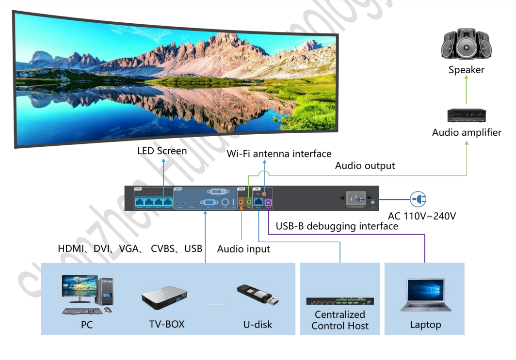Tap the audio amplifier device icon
point(467,115)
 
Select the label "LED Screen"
point(162,151)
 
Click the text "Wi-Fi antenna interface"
point(279,154)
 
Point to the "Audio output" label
point(365,166)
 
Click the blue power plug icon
point(418,199)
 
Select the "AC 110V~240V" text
point(422,216)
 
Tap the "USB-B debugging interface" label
point(337,226)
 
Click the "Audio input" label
point(243,249)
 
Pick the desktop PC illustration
point(88,294)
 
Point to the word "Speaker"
point(466,70)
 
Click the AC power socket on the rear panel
point(355,198)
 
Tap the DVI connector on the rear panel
point(213,192)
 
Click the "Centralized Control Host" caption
point(340,320)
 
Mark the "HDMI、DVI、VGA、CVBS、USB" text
point(130,249)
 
